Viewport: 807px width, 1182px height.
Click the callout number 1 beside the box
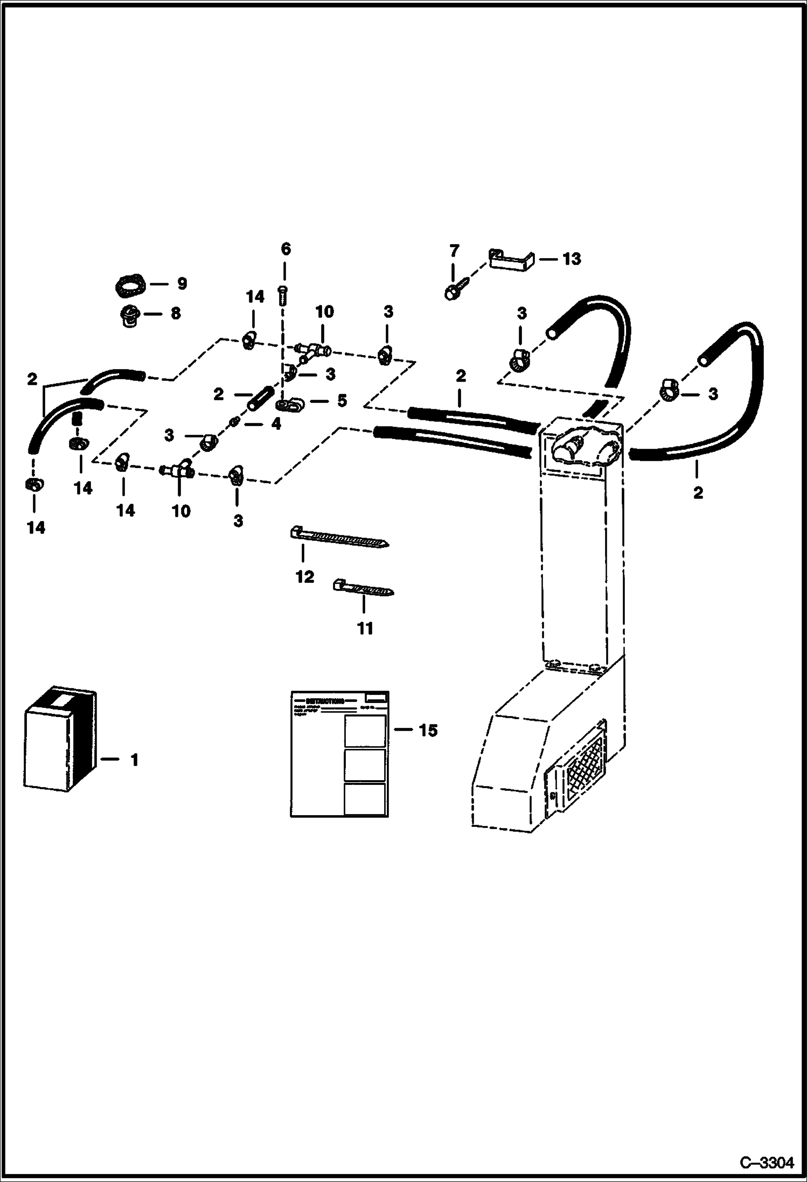tap(134, 760)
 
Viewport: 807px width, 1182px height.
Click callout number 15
tap(428, 731)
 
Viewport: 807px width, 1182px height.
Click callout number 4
tap(276, 423)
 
